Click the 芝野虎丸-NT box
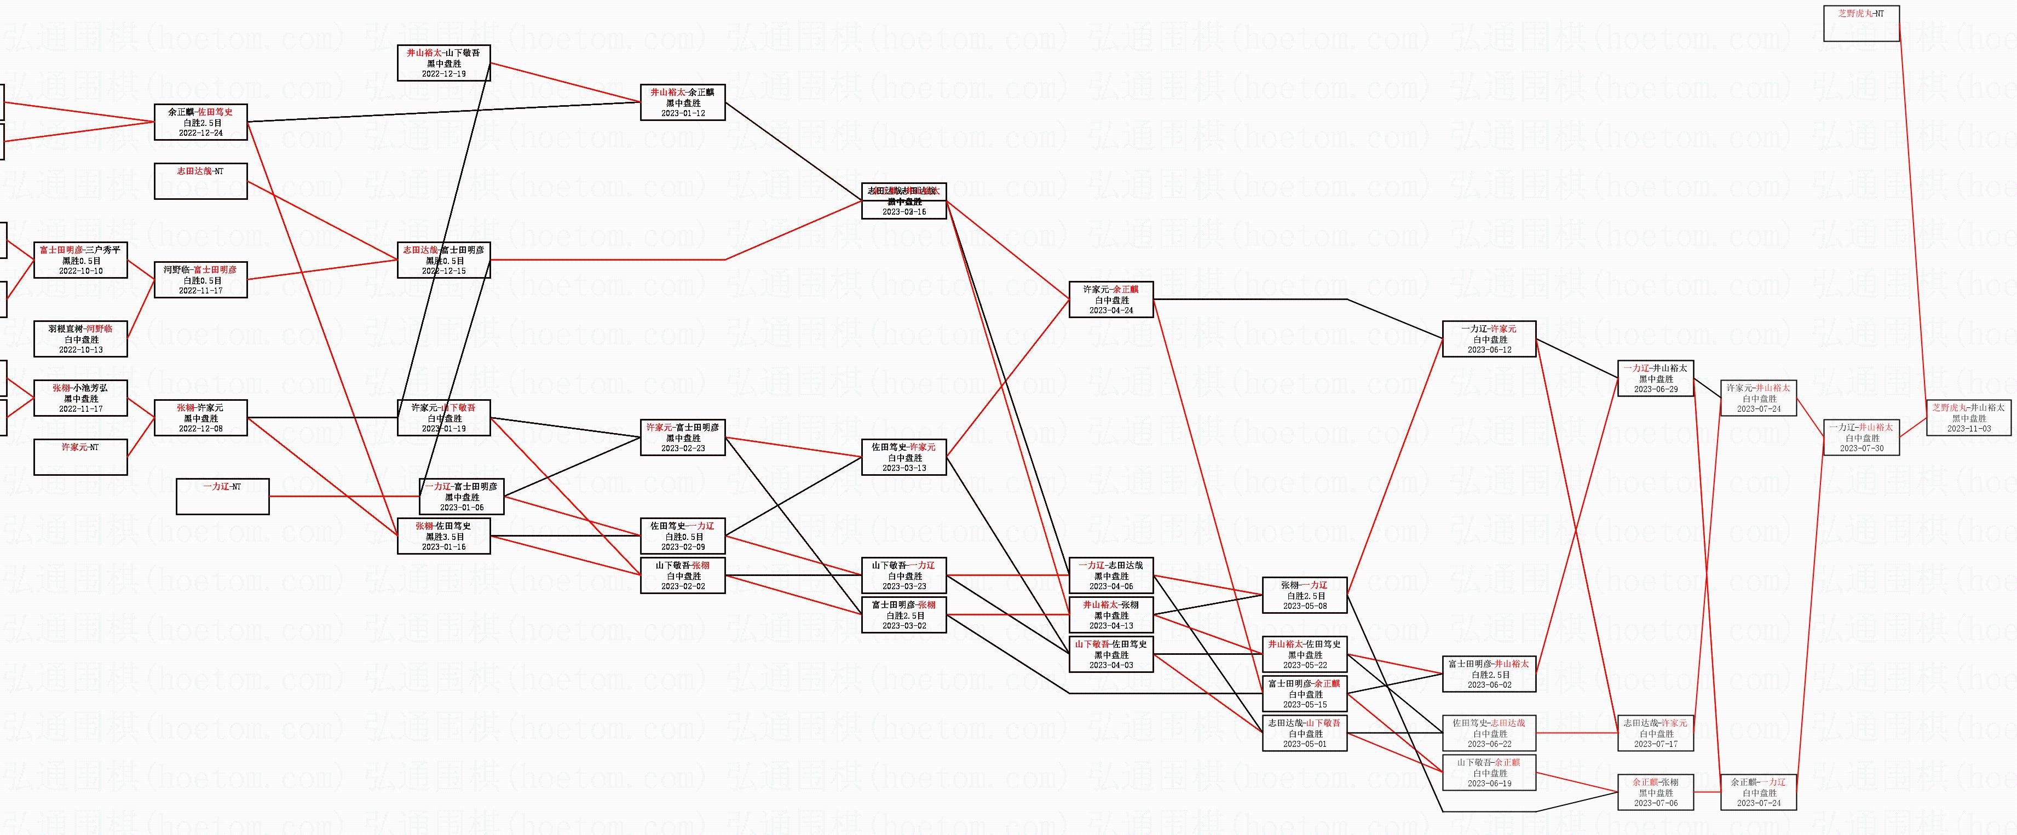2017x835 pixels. tap(1861, 24)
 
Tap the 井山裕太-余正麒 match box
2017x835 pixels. tap(683, 102)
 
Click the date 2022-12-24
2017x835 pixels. tap(200, 133)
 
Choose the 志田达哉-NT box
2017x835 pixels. tap(200, 181)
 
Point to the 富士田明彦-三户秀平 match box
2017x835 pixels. tap(80, 260)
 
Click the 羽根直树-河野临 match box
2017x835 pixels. tap(80, 339)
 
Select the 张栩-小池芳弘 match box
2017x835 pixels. tap(80, 398)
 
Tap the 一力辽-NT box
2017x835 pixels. tap(222, 497)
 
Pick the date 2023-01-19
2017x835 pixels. tap(444, 429)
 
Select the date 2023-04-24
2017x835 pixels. tap(1111, 310)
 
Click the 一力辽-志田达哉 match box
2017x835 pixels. tap(1111, 575)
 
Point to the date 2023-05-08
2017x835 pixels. tap(1305, 606)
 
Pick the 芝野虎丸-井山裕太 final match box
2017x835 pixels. tap(1968, 417)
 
